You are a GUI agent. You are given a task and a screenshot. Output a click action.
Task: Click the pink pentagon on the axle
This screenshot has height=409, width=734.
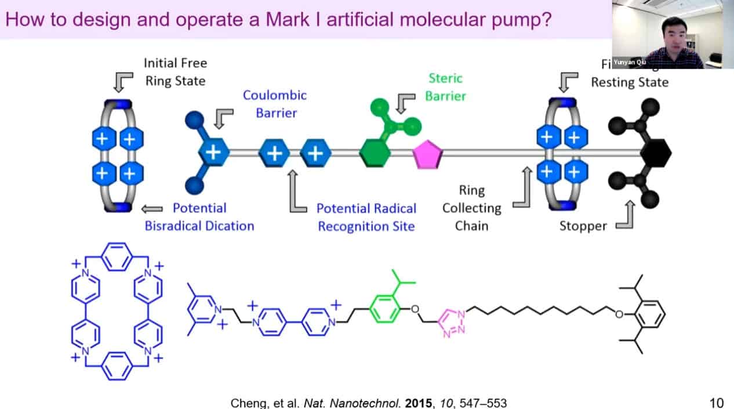(x=428, y=154)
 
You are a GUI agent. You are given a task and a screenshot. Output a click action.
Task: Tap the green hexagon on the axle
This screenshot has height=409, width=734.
(x=375, y=154)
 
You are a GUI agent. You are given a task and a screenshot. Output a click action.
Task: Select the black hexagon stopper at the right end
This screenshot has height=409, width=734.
(x=656, y=153)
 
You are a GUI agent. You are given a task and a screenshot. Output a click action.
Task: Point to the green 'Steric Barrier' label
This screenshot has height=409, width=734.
(x=445, y=86)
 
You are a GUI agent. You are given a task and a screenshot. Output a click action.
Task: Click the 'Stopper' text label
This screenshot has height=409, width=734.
(x=583, y=226)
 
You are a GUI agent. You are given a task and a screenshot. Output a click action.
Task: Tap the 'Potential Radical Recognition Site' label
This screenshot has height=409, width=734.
(x=366, y=217)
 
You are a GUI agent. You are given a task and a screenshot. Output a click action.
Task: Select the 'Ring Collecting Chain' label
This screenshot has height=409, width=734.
(x=471, y=208)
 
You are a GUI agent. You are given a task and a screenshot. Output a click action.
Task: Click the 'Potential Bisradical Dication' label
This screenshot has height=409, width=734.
(x=199, y=216)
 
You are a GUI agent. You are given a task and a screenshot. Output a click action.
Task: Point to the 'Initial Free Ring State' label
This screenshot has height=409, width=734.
(x=175, y=71)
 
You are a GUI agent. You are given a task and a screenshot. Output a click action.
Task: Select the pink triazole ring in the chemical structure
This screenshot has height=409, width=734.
(x=452, y=320)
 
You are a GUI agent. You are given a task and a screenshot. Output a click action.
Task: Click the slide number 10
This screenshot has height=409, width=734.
(x=717, y=402)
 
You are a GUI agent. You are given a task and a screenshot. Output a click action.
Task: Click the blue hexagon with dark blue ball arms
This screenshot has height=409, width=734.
(x=213, y=153)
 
